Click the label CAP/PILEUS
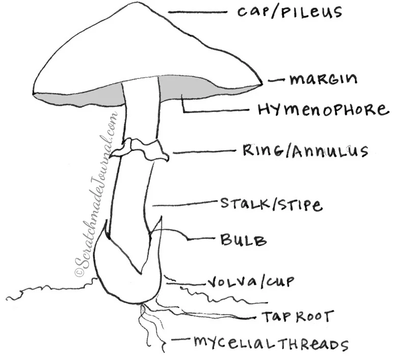coord(290,11)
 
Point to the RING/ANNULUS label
coord(305,151)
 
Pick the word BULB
coord(244,239)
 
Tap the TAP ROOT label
coord(298,316)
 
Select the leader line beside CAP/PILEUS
coord(197,12)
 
